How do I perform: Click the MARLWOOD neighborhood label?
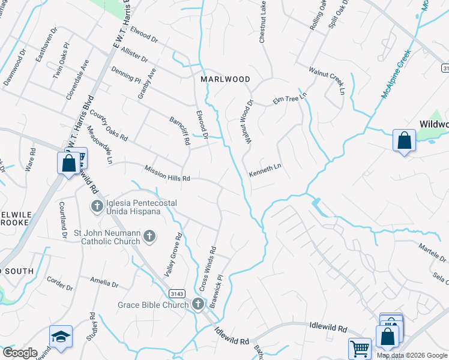tap(225, 79)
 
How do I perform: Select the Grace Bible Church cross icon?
tap(199, 305)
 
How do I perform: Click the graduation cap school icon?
tap(61, 336)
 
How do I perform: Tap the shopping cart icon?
tap(359, 349)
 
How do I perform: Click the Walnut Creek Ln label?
tap(327, 80)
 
